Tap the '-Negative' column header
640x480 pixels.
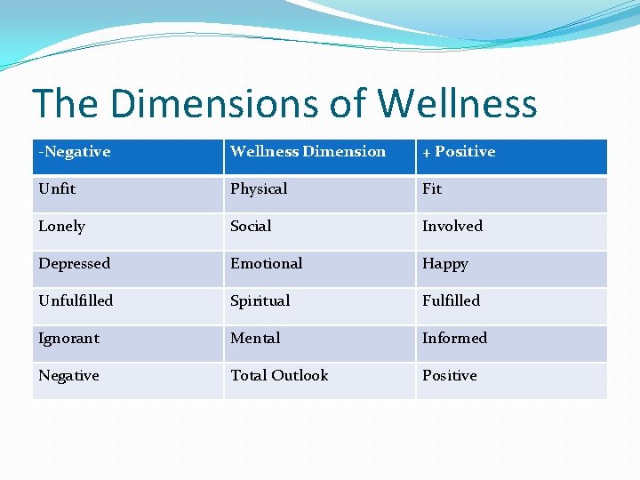click(75, 152)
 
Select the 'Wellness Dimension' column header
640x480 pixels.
click(308, 152)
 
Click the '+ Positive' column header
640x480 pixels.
click(459, 152)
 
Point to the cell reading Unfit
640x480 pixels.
click(57, 189)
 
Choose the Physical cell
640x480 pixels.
click(259, 189)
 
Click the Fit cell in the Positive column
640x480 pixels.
click(432, 189)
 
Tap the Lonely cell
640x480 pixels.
click(61, 227)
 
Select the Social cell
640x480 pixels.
click(251, 227)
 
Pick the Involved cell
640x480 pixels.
click(452, 227)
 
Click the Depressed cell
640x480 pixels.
click(75, 264)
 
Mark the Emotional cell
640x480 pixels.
click(266, 264)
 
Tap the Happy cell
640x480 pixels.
click(445, 264)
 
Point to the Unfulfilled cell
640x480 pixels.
click(76, 301)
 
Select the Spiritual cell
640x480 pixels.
click(260, 301)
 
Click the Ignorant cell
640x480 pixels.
click(68, 339)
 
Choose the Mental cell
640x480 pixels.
click(255, 339)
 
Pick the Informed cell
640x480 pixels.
click(454, 339)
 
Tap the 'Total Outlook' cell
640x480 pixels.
click(279, 376)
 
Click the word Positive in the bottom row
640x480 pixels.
click(449, 376)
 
